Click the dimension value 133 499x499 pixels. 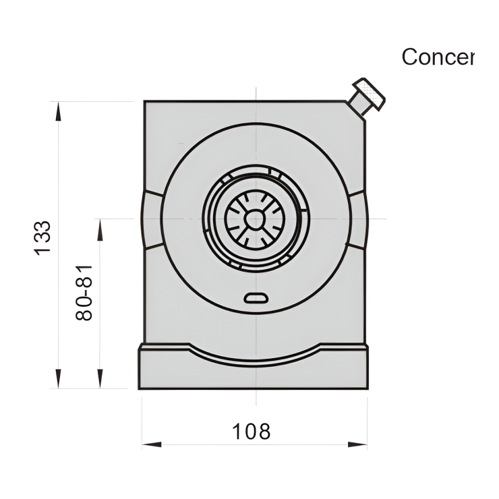(x=42, y=237)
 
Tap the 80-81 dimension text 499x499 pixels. (x=84, y=291)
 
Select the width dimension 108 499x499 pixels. (x=252, y=431)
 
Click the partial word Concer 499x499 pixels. (x=438, y=57)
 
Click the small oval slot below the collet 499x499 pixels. (x=256, y=298)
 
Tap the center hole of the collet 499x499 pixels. (x=255, y=218)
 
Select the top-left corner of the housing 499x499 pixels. (x=146, y=102)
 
